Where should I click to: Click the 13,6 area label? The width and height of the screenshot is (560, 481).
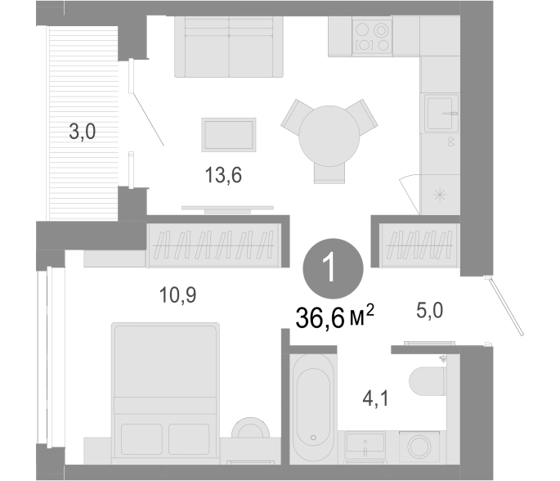[x=223, y=175]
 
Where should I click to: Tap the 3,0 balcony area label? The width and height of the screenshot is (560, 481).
[x=82, y=132]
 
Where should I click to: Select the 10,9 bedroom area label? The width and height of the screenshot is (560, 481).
[x=177, y=295]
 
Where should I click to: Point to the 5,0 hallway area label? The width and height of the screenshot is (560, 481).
[x=430, y=310]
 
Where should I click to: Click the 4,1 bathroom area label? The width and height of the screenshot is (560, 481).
[x=375, y=398]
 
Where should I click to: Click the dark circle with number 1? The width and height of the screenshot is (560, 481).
[x=333, y=268]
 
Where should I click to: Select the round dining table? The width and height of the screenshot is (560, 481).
[x=329, y=136]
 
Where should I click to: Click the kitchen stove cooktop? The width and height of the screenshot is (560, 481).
[x=372, y=37]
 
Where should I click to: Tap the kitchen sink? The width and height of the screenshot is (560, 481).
[x=441, y=113]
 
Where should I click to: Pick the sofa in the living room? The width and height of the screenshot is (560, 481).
[x=229, y=47]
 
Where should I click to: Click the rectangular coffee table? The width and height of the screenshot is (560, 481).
[x=229, y=135]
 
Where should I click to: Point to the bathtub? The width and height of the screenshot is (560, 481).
[x=313, y=407]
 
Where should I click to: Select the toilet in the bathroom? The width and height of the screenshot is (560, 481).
[x=428, y=382]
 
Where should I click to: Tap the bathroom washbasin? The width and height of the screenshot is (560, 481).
[x=365, y=445]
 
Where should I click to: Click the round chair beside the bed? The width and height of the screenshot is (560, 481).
[x=250, y=429]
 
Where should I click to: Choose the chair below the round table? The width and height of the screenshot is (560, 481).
[x=329, y=173]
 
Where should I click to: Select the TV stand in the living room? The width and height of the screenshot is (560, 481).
[x=227, y=209]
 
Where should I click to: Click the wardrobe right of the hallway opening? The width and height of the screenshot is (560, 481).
[x=419, y=245]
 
